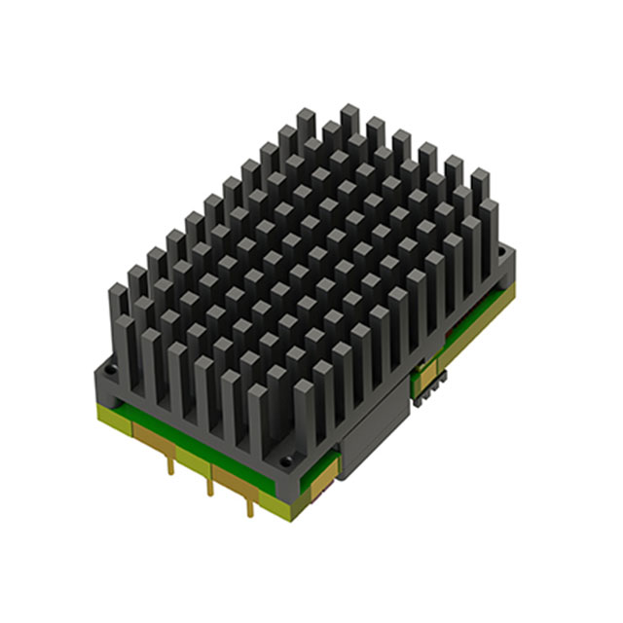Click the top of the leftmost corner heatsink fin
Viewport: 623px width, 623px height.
tap(117, 291)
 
